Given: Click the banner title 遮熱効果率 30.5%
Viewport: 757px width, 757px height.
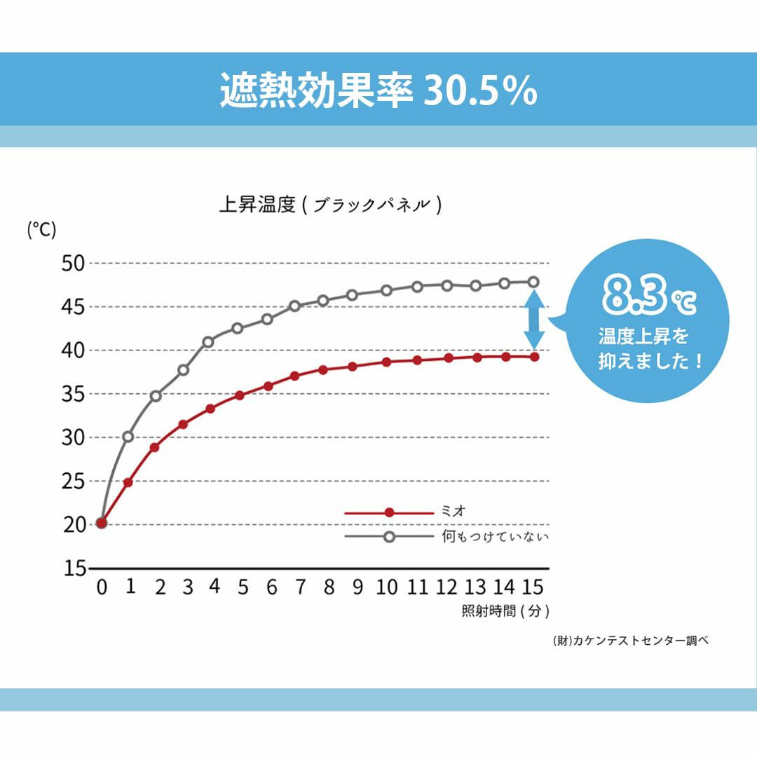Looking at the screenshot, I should click(378, 90).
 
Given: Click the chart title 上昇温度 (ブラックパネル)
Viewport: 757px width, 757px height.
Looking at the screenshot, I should click(330, 205).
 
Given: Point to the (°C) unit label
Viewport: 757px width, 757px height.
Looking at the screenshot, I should click(41, 229).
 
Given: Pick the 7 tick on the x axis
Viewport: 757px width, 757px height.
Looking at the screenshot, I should click(300, 587).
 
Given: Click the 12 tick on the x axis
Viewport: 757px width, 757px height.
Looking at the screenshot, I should click(446, 587).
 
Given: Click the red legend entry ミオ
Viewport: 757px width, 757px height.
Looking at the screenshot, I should click(449, 512).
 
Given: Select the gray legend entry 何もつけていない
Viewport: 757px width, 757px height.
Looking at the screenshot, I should click(495, 537).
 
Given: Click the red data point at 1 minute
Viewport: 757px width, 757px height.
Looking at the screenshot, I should click(128, 482).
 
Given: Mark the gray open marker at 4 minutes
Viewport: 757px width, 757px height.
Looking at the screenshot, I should click(208, 342).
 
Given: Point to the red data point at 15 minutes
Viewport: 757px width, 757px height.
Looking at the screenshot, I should click(534, 357).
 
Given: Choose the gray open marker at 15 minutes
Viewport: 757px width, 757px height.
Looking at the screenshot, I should click(534, 282).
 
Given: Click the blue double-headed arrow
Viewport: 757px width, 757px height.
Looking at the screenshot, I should click(534, 320).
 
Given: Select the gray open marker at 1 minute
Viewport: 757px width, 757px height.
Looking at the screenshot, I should click(128, 437).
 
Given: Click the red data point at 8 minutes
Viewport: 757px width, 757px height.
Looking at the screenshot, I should click(323, 370).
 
